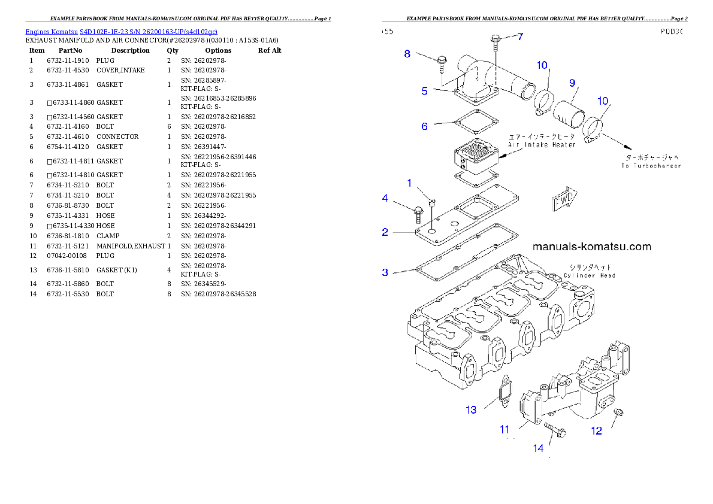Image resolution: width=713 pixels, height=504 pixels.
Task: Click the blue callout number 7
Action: [520, 37]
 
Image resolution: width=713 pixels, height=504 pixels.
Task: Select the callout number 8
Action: [407, 53]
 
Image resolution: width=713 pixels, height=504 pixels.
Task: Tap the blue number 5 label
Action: [424, 91]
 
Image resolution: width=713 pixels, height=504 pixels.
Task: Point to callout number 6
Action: [424, 126]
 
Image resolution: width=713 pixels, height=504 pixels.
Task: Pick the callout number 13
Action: [472, 410]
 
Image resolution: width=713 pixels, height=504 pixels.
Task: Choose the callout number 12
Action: [596, 431]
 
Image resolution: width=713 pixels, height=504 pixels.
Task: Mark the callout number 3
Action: [385, 272]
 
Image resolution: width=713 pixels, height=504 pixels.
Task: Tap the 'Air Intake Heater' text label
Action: [542, 144]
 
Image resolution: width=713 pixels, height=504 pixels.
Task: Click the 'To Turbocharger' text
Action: [651, 165]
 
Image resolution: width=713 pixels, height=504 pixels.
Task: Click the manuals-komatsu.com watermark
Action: [591, 247]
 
